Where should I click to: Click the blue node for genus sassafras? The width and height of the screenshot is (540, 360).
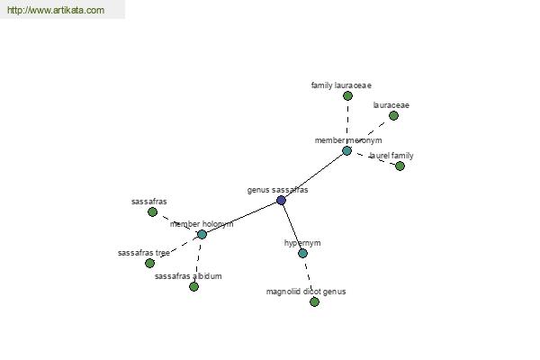(x=281, y=200)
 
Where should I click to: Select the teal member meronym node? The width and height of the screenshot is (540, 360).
(x=346, y=150)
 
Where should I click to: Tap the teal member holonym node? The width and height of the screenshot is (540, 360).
(x=202, y=234)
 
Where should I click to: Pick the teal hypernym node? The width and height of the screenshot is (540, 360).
(x=302, y=253)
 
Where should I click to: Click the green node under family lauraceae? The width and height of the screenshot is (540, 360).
(x=347, y=95)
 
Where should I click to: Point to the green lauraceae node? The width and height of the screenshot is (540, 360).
(x=393, y=115)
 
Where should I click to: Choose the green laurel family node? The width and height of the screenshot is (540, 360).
(x=400, y=166)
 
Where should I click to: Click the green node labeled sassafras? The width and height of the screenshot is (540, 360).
(x=153, y=211)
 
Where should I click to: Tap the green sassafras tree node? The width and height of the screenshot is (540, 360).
(x=149, y=263)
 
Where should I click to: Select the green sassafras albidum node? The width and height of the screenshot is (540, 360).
(x=193, y=286)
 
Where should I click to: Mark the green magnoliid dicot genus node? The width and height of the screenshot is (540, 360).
(x=314, y=301)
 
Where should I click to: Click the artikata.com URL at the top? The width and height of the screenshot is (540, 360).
(x=56, y=10)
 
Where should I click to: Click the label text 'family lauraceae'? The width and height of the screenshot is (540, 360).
(x=341, y=85)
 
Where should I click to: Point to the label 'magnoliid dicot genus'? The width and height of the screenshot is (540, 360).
(x=306, y=292)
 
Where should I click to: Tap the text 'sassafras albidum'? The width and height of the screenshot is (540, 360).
(x=188, y=276)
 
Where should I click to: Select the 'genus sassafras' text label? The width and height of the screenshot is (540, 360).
(x=277, y=190)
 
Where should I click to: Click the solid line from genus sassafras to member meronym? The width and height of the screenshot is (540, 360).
(x=314, y=175)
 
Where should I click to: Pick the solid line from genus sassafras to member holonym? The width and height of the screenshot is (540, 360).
(x=241, y=218)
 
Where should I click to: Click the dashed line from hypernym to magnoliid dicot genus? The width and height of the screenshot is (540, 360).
(x=308, y=278)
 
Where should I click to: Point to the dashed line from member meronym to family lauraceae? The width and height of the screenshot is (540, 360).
(x=347, y=123)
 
